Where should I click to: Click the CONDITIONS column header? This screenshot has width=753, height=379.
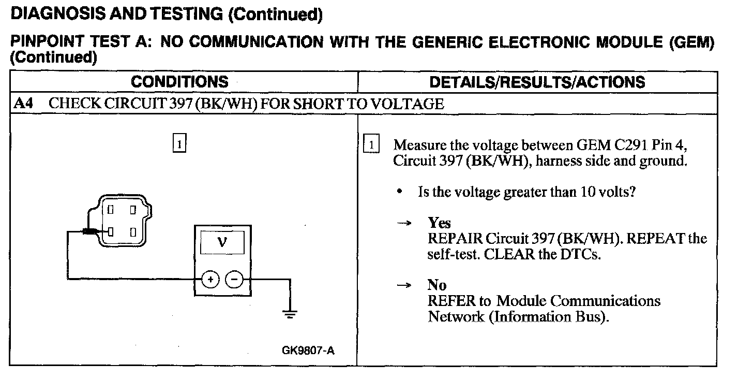[x=179, y=82]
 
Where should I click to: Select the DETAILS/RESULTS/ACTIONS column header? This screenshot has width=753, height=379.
[x=537, y=82]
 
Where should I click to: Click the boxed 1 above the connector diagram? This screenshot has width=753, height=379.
[x=179, y=142]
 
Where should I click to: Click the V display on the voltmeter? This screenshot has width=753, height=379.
[x=222, y=242]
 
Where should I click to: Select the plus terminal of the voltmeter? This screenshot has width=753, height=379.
[x=210, y=280]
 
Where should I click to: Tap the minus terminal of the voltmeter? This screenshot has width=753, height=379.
[x=234, y=280]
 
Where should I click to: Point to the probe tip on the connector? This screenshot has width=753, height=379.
[x=93, y=231]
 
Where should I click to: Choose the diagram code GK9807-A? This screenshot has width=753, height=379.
[x=308, y=351]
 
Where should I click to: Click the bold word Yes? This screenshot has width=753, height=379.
[x=439, y=223]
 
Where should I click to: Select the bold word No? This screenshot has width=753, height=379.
[x=436, y=285]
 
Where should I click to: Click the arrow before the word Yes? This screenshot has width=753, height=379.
[x=404, y=224]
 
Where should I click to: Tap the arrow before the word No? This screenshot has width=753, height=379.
[x=404, y=285]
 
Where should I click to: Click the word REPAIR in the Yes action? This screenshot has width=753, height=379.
[x=454, y=239]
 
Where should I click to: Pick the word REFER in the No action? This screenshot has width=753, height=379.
[x=449, y=301]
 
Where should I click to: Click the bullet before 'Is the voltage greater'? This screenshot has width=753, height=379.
[x=400, y=192]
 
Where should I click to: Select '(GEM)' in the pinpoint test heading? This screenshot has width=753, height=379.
[x=691, y=42]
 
